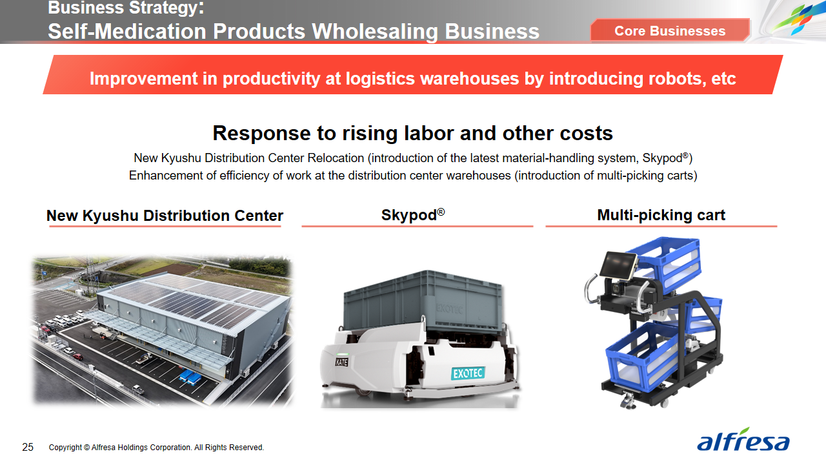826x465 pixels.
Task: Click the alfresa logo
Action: (743, 440)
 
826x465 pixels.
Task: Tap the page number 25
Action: (28, 448)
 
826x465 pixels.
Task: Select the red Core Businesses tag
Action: (670, 30)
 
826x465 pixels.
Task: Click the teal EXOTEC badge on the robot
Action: (468, 373)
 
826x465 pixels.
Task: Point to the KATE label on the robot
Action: (341, 362)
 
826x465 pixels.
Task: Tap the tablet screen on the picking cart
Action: (618, 265)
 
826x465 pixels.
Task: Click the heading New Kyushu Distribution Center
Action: (165, 216)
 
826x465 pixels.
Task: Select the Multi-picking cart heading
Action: (661, 215)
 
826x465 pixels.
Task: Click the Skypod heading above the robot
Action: (413, 215)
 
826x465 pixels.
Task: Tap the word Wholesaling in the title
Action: (375, 32)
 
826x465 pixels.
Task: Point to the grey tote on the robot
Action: (423, 301)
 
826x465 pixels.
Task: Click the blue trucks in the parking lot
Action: (190, 377)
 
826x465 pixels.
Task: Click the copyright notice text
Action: (156, 448)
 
